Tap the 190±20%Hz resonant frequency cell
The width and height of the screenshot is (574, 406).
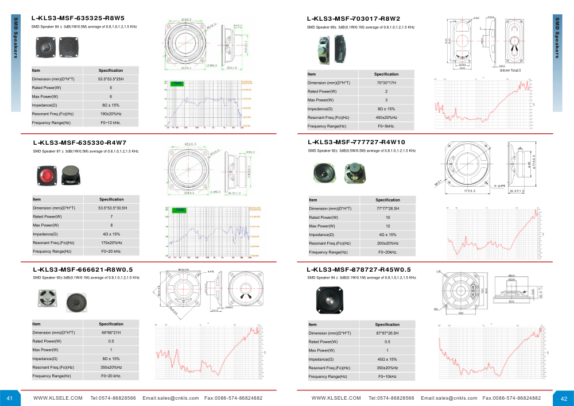point(111,114)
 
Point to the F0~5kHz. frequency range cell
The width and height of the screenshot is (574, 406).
point(386,126)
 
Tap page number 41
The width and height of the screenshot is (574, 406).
point(10,398)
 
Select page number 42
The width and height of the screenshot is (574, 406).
point(563,398)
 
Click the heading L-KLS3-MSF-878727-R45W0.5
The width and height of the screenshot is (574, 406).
point(359,269)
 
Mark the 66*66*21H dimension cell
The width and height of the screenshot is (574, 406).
point(111,332)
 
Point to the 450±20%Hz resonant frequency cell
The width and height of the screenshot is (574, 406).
point(386,117)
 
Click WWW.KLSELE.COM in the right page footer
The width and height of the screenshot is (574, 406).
point(336,398)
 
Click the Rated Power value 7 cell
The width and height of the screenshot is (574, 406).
point(111,216)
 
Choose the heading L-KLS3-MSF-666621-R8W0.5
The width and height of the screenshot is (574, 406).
point(83,269)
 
